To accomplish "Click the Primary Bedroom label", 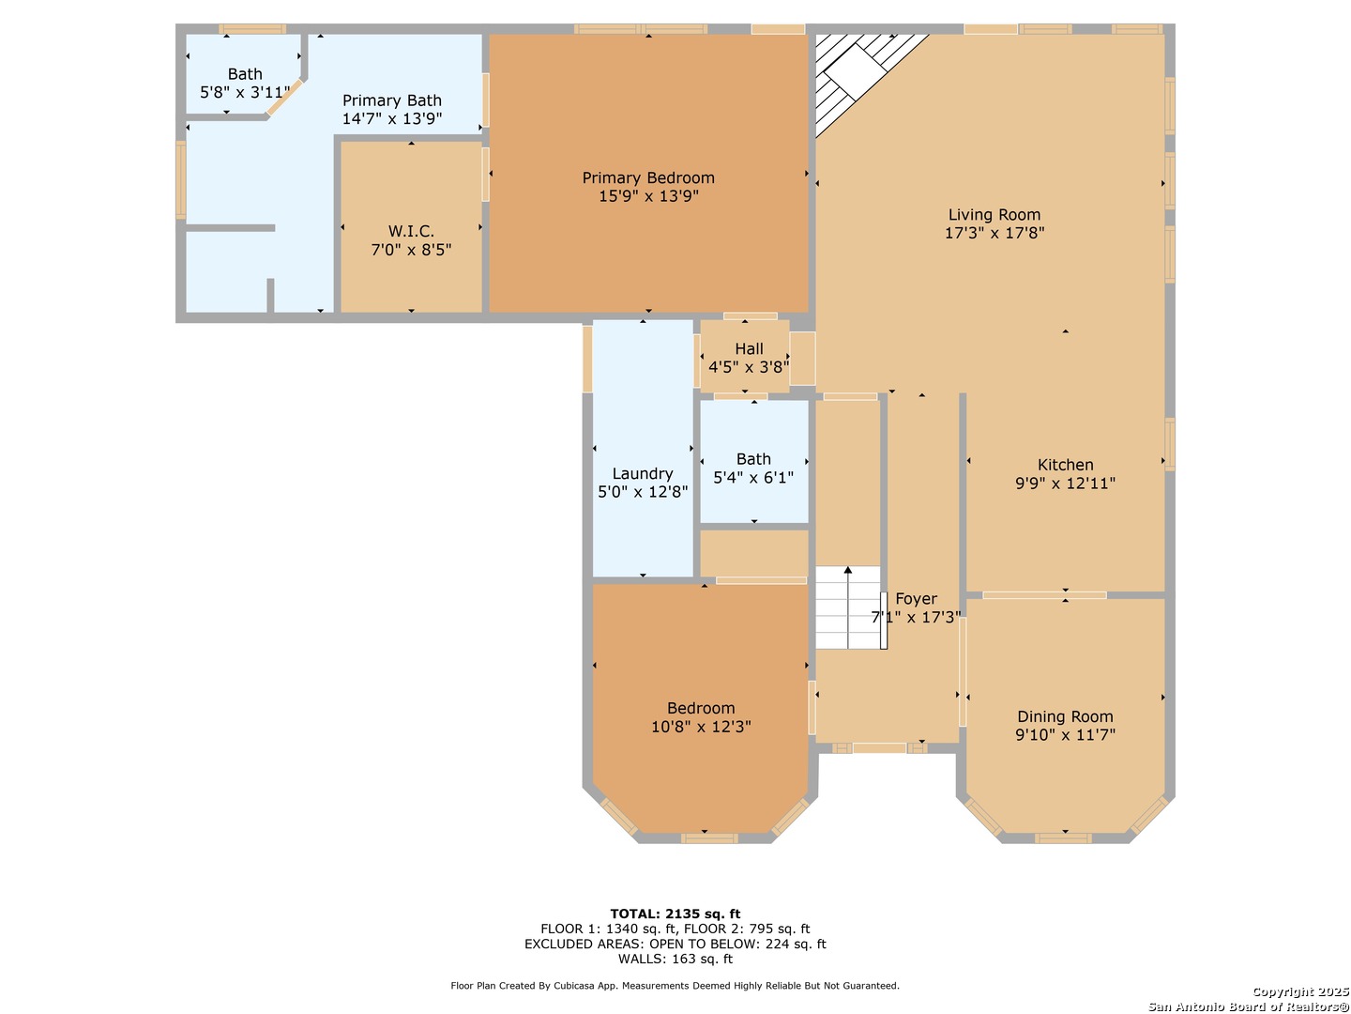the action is [648, 178].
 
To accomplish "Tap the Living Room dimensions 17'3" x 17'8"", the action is [994, 233].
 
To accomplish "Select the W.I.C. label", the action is [411, 232].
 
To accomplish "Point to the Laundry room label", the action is [642, 473].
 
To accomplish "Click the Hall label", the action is [749, 349].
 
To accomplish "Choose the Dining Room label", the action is [1065, 716].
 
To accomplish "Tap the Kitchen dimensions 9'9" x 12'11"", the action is [1065, 484].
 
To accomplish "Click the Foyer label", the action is [916, 599].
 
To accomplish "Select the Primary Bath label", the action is [391, 100].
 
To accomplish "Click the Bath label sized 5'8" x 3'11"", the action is [245, 74].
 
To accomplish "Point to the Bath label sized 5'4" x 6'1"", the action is [753, 459].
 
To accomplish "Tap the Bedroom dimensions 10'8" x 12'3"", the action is [701, 727].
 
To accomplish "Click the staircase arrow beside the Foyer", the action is [847, 607].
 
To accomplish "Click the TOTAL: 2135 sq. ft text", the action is [675, 914].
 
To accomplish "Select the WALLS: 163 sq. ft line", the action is [675, 959].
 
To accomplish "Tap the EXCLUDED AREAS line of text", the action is [675, 944].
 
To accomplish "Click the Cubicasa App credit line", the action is [675, 986].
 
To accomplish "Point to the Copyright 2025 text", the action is [1300, 991].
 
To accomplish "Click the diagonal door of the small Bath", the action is [285, 98].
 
